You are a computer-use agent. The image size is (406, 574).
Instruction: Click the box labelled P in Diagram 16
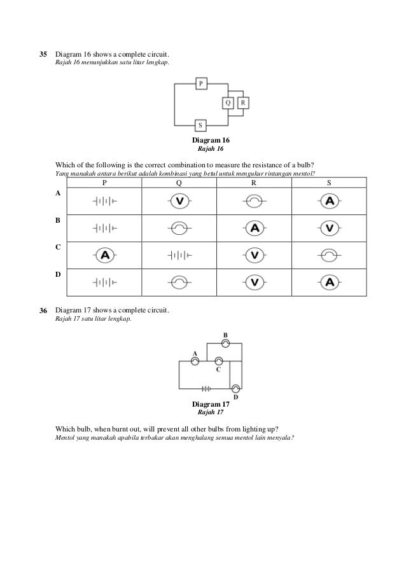201,83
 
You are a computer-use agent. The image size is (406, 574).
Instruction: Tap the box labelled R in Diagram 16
243,102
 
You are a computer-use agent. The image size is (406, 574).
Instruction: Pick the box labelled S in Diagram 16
201,125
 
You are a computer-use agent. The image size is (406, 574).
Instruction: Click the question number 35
44,55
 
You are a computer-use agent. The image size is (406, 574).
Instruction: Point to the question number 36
44,310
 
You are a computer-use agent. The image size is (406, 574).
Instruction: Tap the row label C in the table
59,246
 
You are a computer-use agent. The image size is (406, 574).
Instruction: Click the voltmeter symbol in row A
179,201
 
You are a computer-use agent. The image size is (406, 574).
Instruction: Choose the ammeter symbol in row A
329,201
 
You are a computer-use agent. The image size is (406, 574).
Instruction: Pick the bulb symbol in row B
179,228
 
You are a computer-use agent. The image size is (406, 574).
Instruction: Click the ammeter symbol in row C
105,255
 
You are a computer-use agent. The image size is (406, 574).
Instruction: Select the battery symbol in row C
179,255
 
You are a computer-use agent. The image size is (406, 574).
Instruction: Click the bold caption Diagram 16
211,140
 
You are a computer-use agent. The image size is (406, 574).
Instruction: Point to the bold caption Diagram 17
211,405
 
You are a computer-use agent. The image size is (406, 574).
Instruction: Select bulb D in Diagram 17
235,388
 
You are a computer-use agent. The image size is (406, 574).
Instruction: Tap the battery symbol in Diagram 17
206,388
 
